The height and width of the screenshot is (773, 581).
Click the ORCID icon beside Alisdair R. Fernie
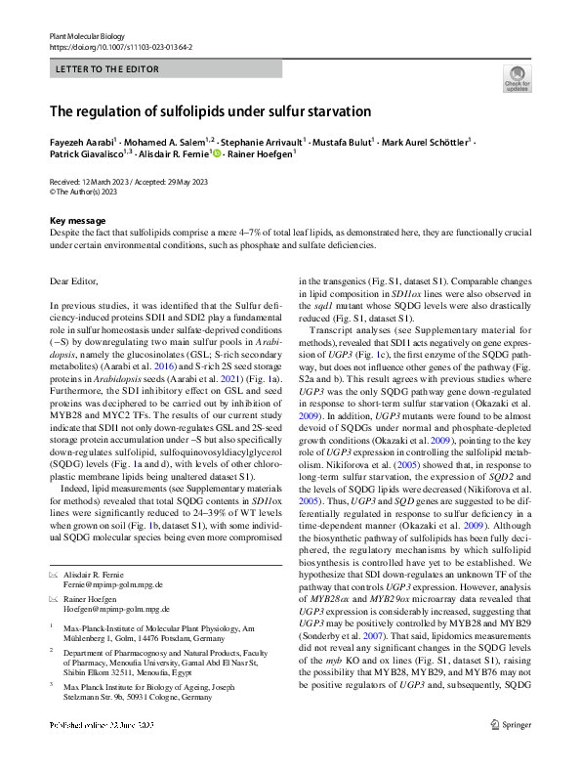click(220, 154)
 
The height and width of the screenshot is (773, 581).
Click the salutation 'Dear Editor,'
click(73, 281)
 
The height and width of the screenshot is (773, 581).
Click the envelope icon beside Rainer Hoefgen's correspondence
click(55, 598)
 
